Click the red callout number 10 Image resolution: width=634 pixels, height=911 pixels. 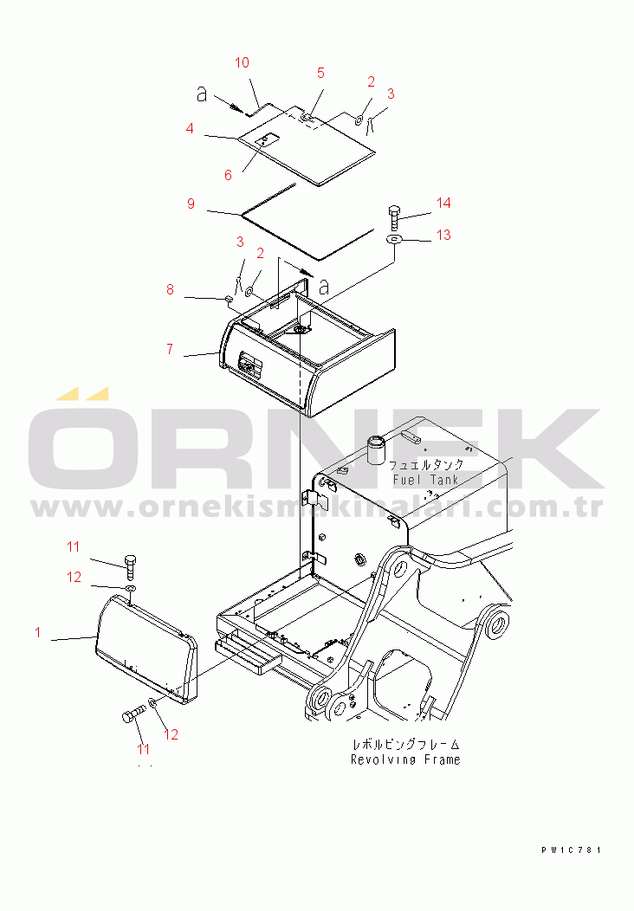pyautogui.click(x=242, y=62)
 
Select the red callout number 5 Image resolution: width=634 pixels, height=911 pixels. pyautogui.click(x=320, y=74)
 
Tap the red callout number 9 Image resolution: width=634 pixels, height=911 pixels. pyautogui.click(x=191, y=204)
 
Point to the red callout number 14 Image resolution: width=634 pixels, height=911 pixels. pyautogui.click(x=443, y=203)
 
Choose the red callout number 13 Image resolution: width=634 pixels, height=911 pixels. pyautogui.click(x=443, y=236)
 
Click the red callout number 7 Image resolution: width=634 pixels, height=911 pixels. pyautogui.click(x=170, y=349)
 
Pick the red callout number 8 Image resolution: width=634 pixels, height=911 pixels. pyautogui.click(x=170, y=289)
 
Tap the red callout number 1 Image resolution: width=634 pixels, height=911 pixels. pyautogui.click(x=38, y=632)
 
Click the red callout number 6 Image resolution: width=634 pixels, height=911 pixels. pyautogui.click(x=228, y=175)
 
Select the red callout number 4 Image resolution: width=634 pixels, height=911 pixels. pyautogui.click(x=190, y=128)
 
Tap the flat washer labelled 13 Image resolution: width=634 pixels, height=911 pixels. pyautogui.click(x=395, y=239)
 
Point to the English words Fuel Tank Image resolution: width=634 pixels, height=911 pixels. pyautogui.click(x=426, y=480)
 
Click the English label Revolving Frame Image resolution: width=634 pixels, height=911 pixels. pyautogui.click(x=405, y=759)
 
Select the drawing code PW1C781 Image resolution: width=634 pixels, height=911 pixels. pyautogui.click(x=572, y=850)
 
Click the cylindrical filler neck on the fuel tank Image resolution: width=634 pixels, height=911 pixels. pyautogui.click(x=377, y=449)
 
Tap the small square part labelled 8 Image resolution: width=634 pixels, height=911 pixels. pyautogui.click(x=229, y=300)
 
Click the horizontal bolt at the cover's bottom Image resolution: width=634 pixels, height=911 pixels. pyautogui.click(x=134, y=715)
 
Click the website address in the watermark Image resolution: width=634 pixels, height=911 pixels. pyautogui.click(x=317, y=507)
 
